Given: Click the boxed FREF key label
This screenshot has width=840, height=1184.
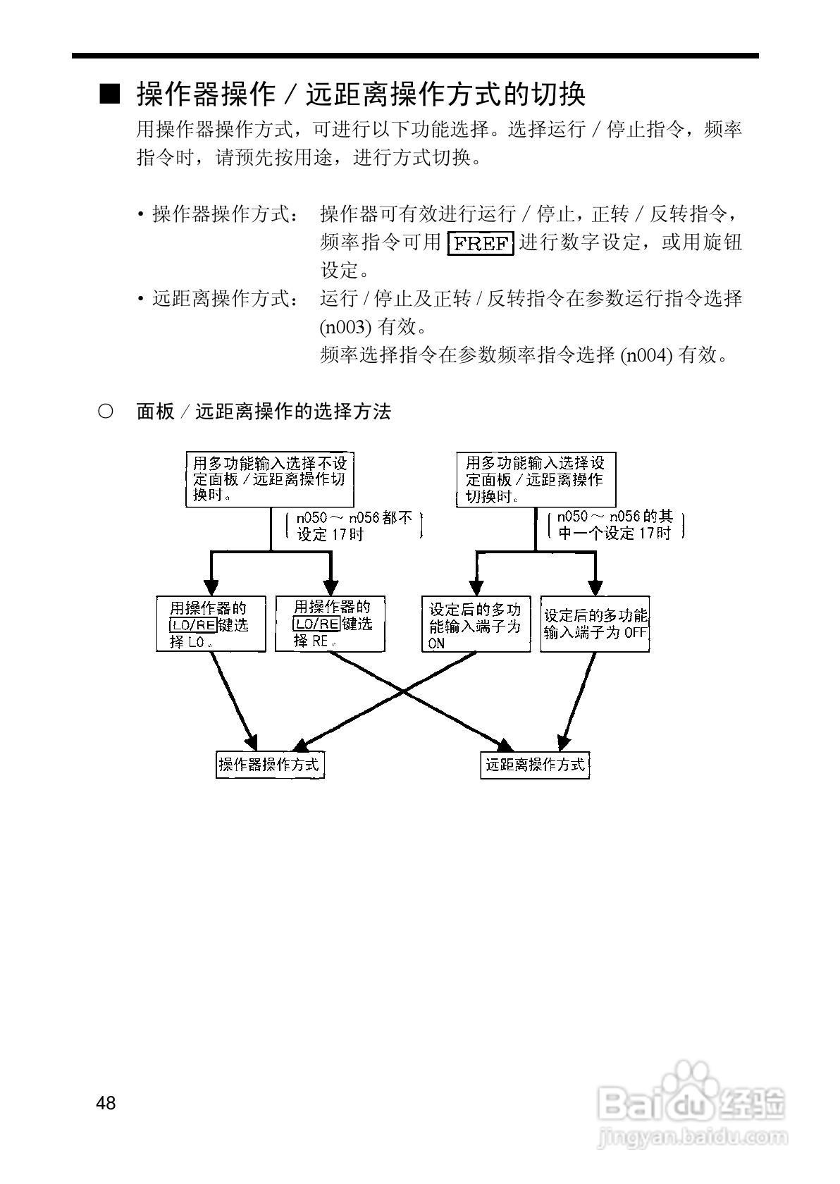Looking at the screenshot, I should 481,243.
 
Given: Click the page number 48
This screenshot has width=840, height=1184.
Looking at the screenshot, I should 106,1103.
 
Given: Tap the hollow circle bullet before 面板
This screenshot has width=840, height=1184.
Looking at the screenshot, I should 105,412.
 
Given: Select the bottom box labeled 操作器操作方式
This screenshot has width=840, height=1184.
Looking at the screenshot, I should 270,765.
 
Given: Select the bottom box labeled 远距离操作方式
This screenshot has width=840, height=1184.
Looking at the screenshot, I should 534,765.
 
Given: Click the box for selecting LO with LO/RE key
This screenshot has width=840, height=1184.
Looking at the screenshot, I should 211,624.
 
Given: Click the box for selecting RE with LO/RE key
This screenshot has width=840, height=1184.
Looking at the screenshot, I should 330,624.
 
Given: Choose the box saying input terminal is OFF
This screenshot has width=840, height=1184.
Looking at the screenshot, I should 595,624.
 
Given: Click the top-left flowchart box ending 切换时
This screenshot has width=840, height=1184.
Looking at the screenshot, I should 271,479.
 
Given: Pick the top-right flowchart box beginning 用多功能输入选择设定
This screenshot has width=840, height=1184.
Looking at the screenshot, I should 536,479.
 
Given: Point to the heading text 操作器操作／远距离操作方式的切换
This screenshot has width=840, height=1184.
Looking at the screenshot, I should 361,94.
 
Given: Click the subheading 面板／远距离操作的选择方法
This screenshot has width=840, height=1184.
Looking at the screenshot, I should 263,412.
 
